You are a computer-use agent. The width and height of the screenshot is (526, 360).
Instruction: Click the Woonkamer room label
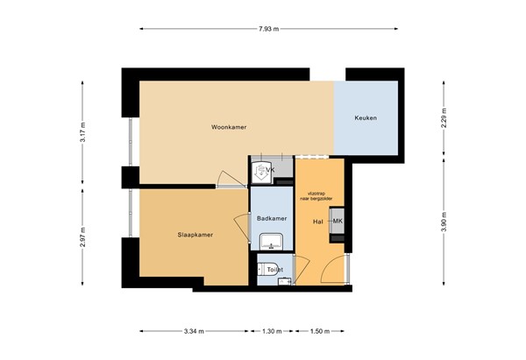coord(229,127)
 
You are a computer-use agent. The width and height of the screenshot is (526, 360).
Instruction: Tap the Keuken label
coord(366,118)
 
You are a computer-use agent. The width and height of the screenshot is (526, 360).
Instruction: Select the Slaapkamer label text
coord(196,234)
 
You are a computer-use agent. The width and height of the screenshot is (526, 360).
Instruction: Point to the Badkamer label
coord(273,217)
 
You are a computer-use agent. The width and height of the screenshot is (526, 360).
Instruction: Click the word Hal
coord(318,221)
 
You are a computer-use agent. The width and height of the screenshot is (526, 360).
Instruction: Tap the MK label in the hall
coord(338,221)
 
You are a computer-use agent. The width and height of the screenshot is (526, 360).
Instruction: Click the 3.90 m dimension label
coord(444,221)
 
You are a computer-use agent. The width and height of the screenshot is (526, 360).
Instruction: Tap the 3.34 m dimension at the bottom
coord(194,332)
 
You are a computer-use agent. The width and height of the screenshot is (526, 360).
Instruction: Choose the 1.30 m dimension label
coord(273,332)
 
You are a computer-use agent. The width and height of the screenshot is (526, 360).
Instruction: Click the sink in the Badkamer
coord(267,240)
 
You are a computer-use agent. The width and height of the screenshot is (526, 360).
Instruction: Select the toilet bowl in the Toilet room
coord(266,270)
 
